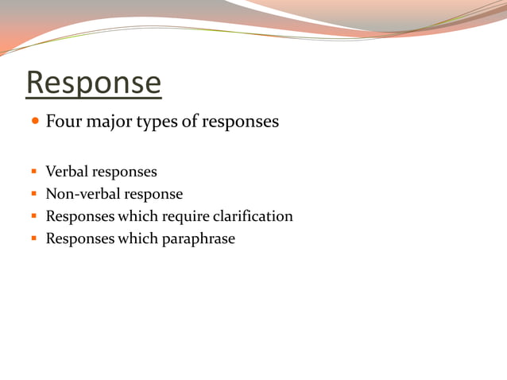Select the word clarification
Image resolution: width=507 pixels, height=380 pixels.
tap(254, 216)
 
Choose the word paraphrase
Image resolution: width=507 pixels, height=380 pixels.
tap(199, 238)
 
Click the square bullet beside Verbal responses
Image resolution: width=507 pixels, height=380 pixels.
tap(34, 172)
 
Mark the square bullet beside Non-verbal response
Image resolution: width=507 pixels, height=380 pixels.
tap(34, 194)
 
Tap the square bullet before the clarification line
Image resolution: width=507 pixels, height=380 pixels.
tap(34, 216)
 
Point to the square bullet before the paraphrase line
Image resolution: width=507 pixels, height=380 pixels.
tap(34, 238)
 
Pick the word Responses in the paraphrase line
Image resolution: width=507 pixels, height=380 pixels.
tap(80, 238)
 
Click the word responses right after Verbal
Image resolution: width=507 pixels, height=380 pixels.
tap(125, 173)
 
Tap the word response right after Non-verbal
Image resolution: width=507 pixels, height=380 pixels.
tap(154, 195)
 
